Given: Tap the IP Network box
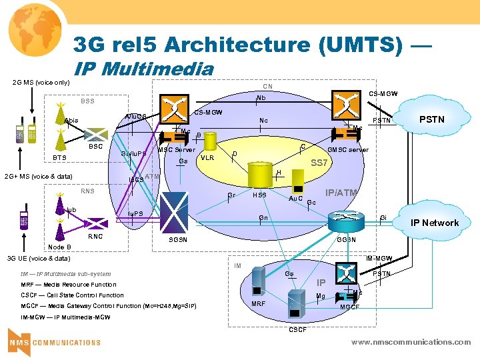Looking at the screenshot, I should point(433,223).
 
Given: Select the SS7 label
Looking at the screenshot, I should point(322,163).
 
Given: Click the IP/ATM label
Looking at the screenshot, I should point(341,193).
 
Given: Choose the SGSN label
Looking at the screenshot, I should point(178,239).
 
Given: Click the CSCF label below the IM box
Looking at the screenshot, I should point(297,330).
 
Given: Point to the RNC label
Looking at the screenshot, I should point(96,235).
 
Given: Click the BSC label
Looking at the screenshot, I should point(96,146).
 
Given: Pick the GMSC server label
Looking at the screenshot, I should point(347,150).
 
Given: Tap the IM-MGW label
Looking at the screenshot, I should point(379,258).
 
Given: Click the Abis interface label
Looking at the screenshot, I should point(71,121).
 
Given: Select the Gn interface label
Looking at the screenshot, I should point(263,218).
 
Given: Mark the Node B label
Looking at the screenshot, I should point(59,247).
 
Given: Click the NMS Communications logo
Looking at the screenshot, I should point(55,342).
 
